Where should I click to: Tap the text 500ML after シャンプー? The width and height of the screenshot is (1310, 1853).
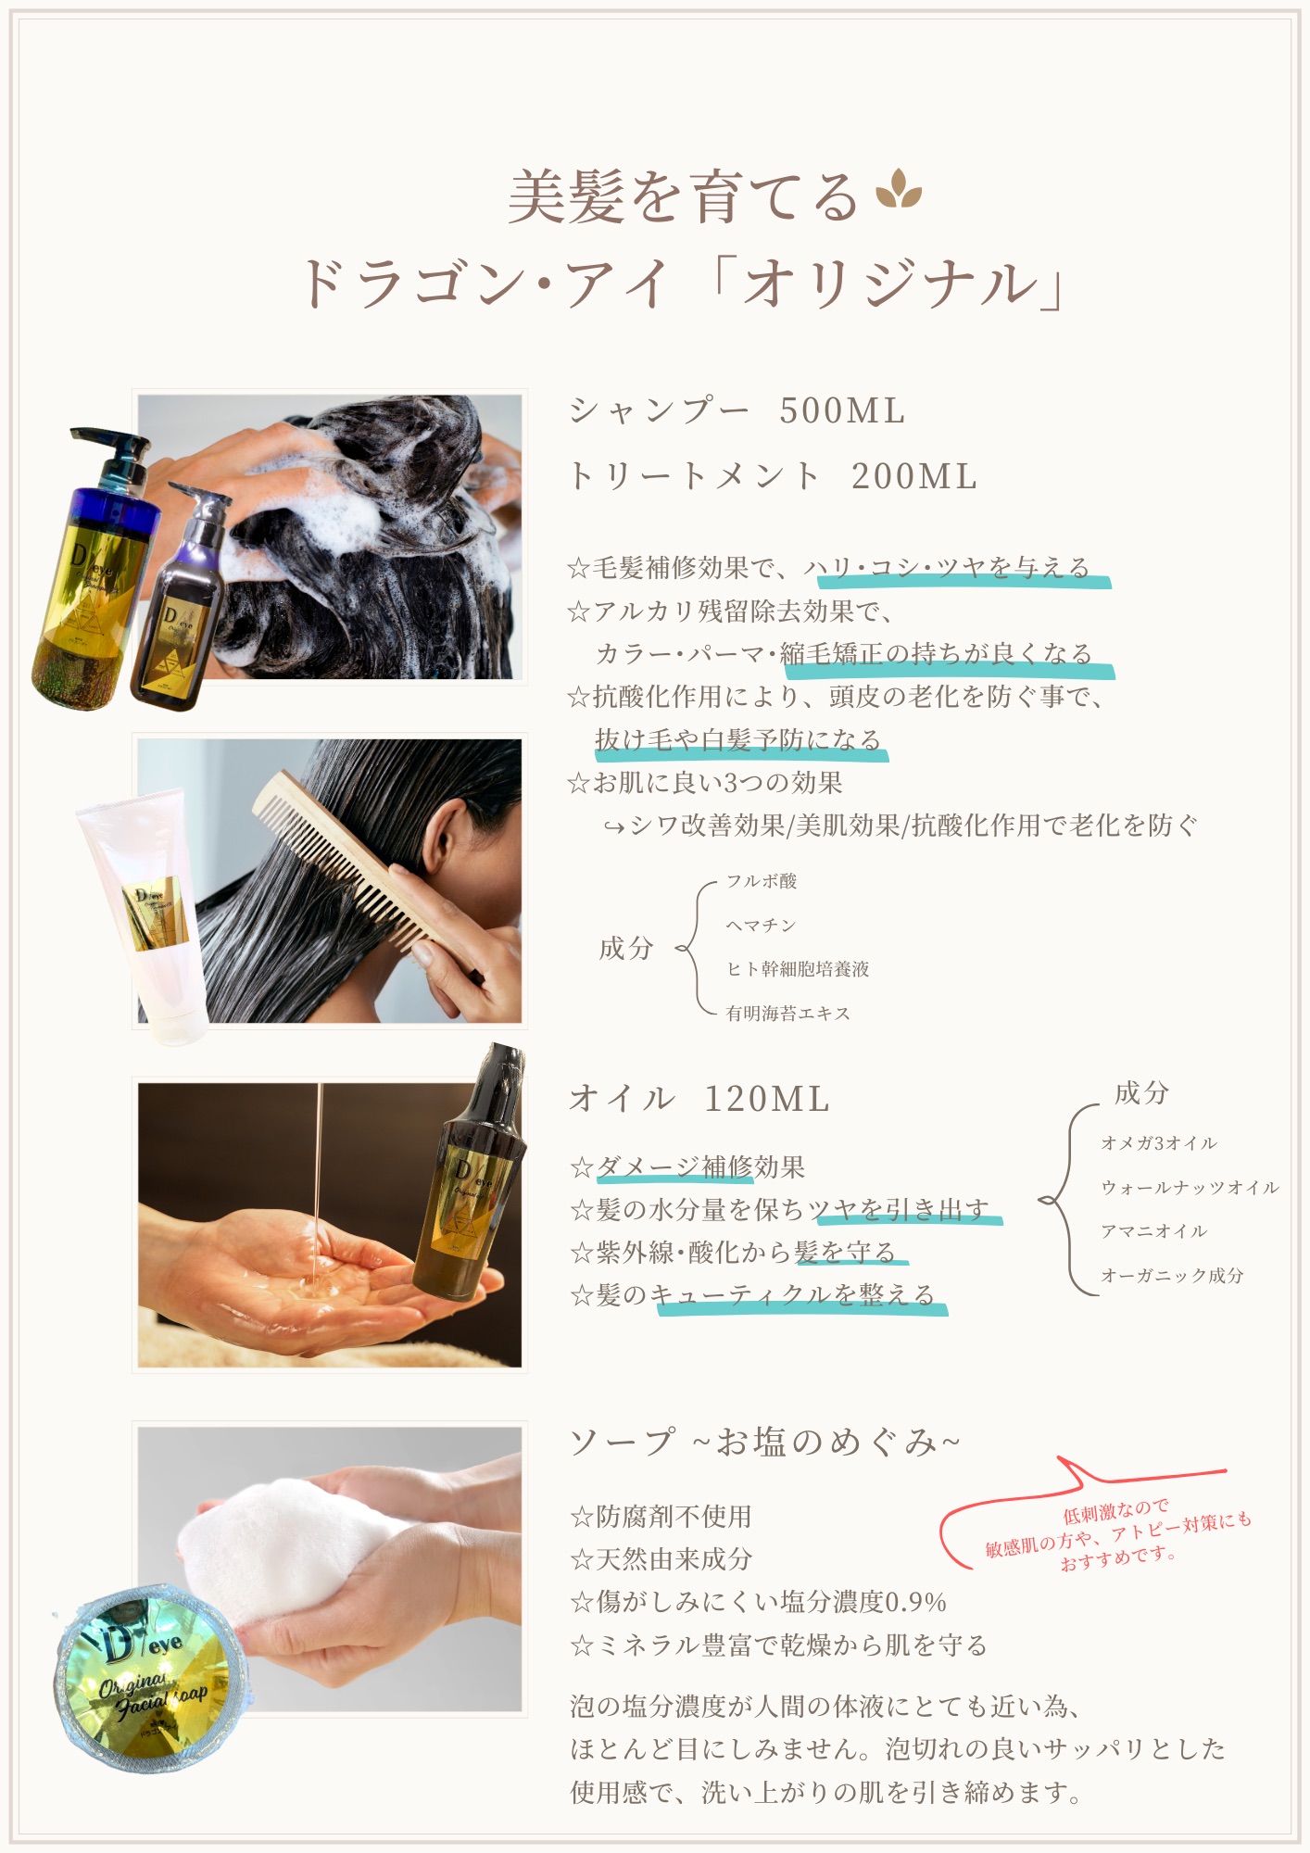[x=842, y=410]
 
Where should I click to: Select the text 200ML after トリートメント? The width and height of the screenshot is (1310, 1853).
[x=913, y=476]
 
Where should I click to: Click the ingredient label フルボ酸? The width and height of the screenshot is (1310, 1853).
[x=762, y=881]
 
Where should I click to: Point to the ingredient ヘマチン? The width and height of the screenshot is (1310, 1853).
[x=761, y=926]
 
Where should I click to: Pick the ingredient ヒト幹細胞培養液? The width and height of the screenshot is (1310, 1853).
[x=798, y=969]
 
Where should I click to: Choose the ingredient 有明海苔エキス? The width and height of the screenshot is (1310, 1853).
[x=788, y=1014]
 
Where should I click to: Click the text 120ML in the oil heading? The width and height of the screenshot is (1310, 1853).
[x=766, y=1099]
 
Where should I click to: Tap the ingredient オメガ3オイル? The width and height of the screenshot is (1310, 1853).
[x=1159, y=1143]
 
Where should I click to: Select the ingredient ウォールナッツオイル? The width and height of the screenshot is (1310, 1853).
[x=1190, y=1188]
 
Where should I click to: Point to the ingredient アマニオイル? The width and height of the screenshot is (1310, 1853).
[x=1154, y=1231]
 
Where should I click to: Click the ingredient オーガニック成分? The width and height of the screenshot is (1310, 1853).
[x=1172, y=1276]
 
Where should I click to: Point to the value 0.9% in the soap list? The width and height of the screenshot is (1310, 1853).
[x=914, y=1603]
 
